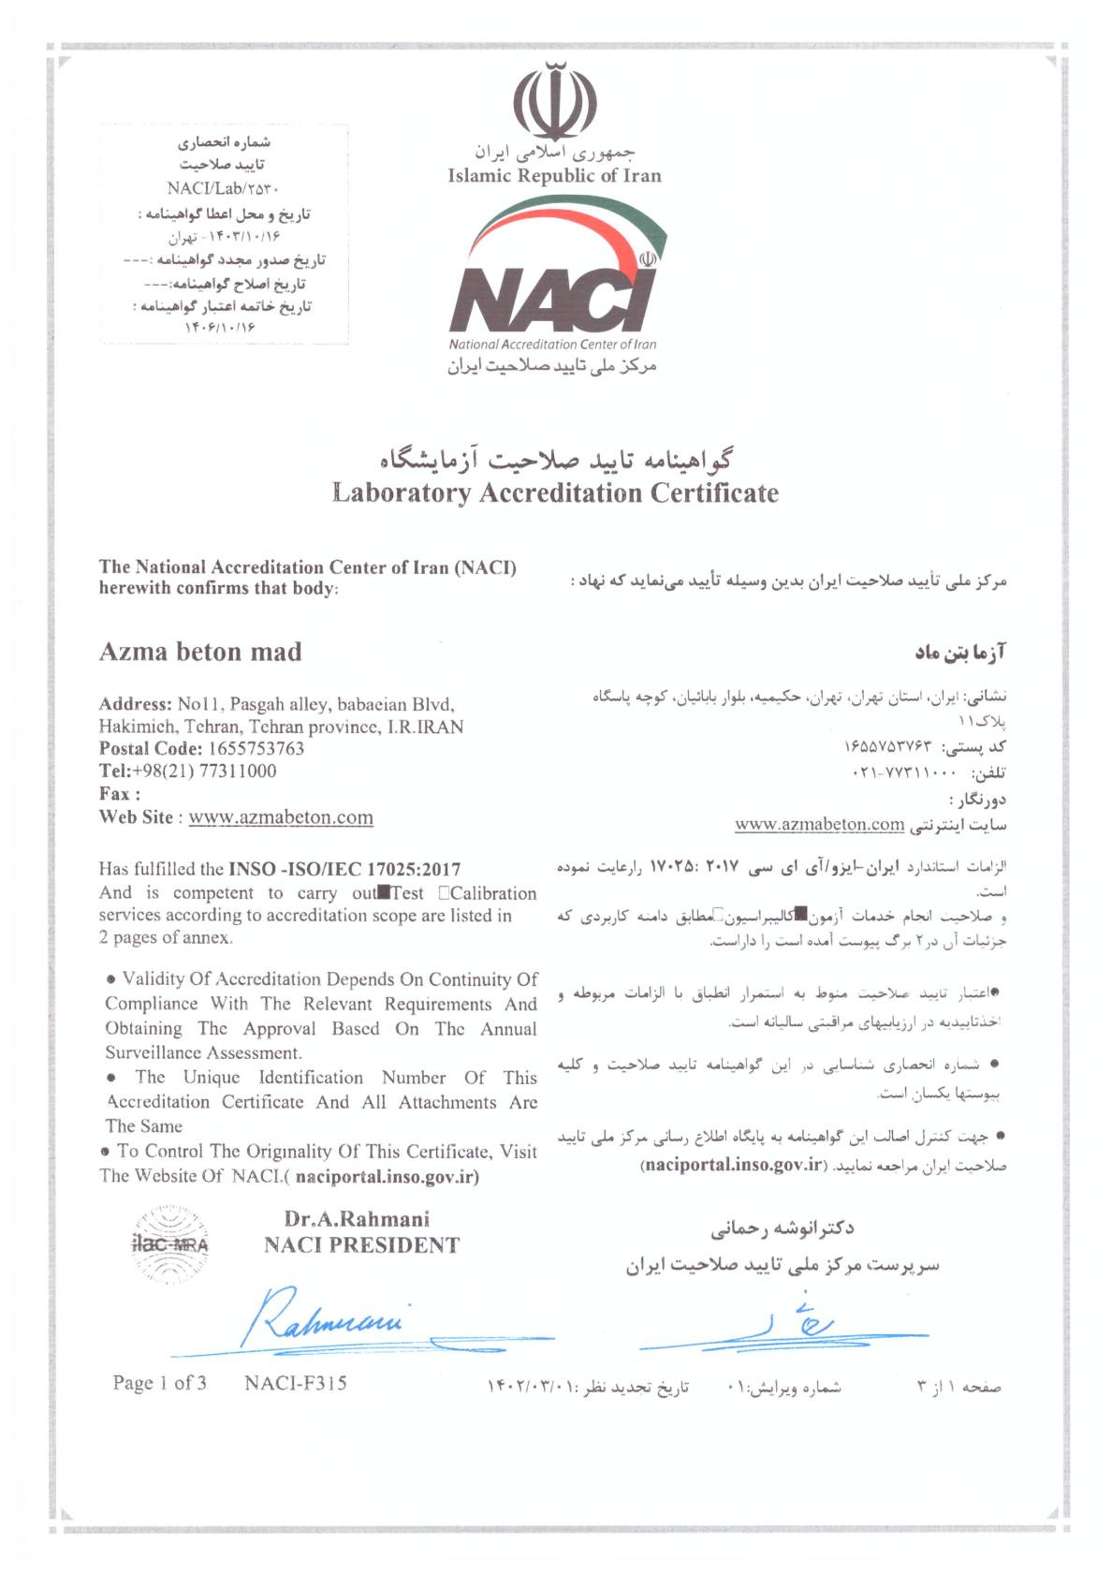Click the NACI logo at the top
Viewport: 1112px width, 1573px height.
(x=554, y=281)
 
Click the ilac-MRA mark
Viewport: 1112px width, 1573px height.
(x=170, y=1244)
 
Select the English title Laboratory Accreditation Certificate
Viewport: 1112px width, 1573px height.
(x=555, y=493)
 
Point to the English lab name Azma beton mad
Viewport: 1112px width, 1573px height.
(x=200, y=652)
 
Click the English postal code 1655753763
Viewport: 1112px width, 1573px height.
(x=256, y=749)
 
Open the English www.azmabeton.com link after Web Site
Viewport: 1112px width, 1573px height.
(x=281, y=817)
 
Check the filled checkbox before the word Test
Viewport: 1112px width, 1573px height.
(x=384, y=892)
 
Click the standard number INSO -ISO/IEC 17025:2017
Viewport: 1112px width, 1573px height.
(x=344, y=870)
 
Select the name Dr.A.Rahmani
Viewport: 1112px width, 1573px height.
(x=357, y=1219)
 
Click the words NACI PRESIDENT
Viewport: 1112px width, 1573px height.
(x=361, y=1245)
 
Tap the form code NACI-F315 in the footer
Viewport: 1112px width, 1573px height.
(x=295, y=1383)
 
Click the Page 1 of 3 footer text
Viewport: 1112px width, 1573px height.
(x=159, y=1383)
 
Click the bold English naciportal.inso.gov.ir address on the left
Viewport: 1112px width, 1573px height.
(x=386, y=1177)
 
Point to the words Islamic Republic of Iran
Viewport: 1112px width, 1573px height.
(x=554, y=176)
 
